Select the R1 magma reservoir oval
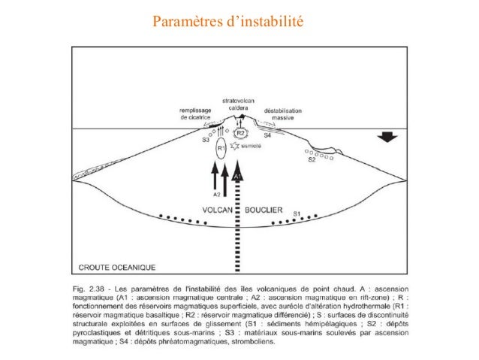221,147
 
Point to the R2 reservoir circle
241,132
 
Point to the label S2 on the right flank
311,159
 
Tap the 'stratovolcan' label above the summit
238,101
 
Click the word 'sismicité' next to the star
251,147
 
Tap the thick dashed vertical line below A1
237,225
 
